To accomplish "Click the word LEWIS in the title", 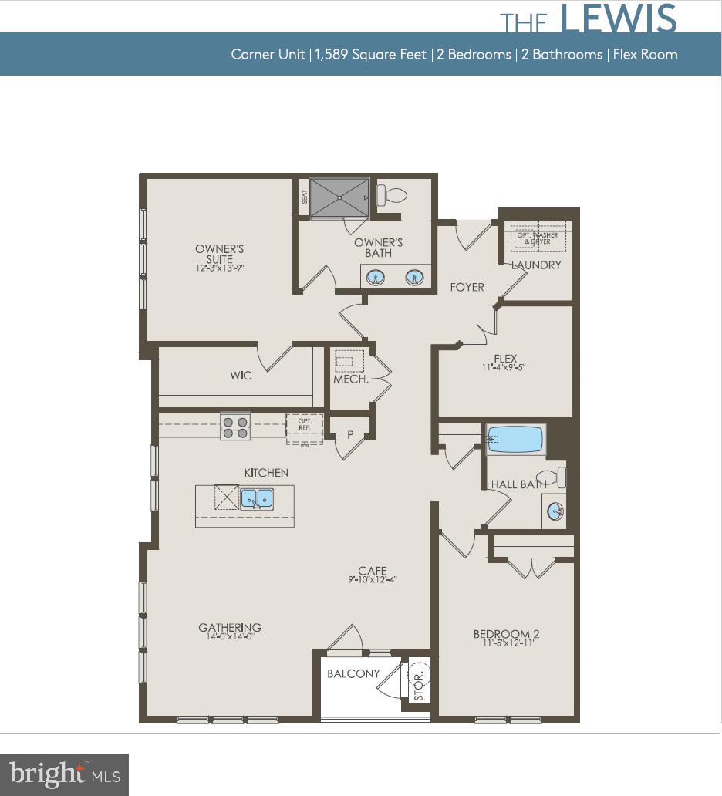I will [x=619, y=19].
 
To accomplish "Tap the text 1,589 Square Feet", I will [x=371, y=55].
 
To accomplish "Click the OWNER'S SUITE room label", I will [x=219, y=254].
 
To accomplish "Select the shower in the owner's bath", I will [x=339, y=198].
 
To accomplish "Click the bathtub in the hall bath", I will [x=515, y=439].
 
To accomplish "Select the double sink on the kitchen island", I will [x=257, y=499].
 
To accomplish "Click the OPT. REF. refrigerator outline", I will [x=303, y=429].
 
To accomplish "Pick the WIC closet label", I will [x=241, y=376].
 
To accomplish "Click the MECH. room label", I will [x=349, y=379].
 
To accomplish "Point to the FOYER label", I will [x=467, y=287].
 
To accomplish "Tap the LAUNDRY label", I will [x=536, y=265].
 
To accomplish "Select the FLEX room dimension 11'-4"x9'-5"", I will [x=505, y=368].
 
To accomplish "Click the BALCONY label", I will [x=353, y=673].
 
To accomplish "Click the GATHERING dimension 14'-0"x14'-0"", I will [x=230, y=637].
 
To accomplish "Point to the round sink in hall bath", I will [x=555, y=511].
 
